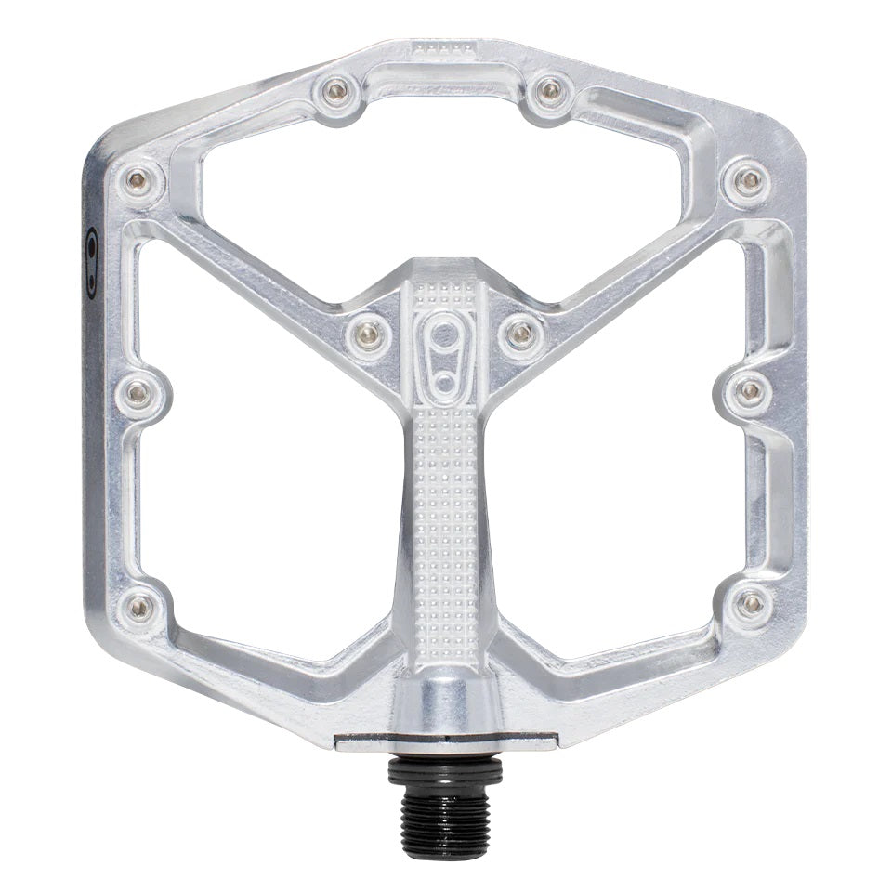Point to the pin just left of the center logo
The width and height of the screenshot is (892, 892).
369,332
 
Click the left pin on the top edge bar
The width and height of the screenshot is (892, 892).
335,90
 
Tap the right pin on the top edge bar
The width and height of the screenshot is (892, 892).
550,90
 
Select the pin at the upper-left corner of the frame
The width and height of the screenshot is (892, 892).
138,179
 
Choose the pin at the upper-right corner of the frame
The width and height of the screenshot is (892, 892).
748,179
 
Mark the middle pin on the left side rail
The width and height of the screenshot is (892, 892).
138,394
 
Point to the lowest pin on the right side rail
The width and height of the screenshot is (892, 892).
751,604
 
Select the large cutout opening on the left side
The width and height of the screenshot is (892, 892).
269,465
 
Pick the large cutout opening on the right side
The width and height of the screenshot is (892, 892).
623,465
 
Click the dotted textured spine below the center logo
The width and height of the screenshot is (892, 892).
444,520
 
